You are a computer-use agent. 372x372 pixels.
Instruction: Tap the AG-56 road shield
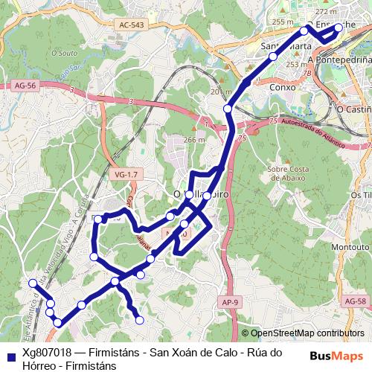pyautogui.click(x=25, y=86)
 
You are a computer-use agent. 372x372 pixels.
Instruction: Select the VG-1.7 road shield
pyautogui.click(x=127, y=174)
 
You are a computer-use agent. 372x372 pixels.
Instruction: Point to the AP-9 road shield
pyautogui.click(x=230, y=301)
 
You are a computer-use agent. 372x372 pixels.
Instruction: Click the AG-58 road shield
pyautogui.click(x=356, y=301)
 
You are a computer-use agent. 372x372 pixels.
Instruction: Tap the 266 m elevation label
pyautogui.click(x=193, y=140)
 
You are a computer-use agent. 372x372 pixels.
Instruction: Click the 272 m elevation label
pyautogui.click(x=347, y=12)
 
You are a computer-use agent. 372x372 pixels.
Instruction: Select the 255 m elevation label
pyautogui.click(x=283, y=22)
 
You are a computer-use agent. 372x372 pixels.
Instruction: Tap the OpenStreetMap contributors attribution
pyautogui.click(x=307, y=334)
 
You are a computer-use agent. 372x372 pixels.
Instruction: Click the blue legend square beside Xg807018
pyautogui.click(x=10, y=353)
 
